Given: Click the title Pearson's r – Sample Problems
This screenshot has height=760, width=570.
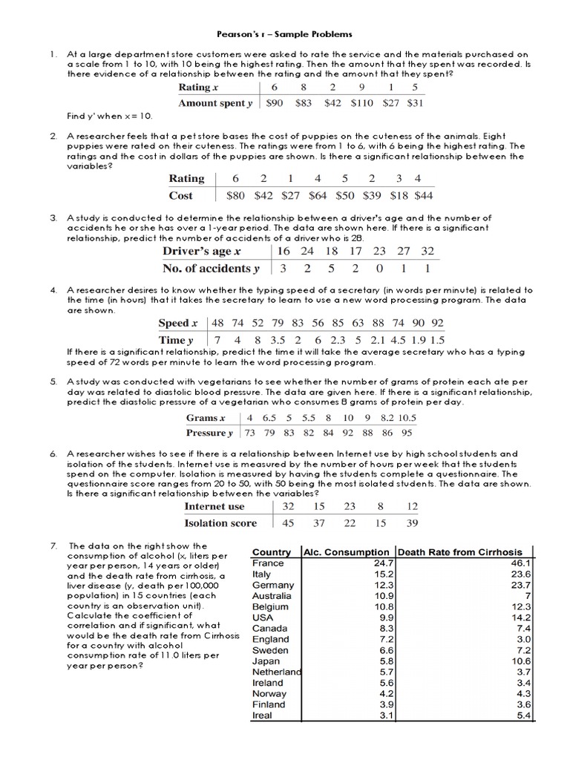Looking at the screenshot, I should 284,34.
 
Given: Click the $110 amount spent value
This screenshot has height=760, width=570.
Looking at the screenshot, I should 362,103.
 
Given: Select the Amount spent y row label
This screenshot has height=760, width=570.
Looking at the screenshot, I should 215,103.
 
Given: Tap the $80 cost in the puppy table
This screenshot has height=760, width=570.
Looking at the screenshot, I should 235,196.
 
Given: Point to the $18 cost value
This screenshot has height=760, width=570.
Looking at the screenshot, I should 399,196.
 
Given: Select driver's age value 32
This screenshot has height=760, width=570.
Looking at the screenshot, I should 427,251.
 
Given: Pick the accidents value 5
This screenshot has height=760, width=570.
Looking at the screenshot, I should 332,269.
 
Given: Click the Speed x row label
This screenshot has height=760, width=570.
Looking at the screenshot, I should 178,323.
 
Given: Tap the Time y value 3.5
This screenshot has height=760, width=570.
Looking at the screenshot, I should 261,340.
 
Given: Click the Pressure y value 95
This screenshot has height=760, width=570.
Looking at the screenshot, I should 407,433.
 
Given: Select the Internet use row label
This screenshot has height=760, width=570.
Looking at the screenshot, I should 214,506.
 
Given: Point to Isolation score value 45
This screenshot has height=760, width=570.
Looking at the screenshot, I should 288,522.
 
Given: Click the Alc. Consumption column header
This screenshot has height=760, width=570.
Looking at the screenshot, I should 347,552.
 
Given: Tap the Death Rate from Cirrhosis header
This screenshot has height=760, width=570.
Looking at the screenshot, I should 460,552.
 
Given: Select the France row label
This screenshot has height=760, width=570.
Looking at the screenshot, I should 268,563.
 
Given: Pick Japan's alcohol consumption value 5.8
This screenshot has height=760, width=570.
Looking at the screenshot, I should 384,661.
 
